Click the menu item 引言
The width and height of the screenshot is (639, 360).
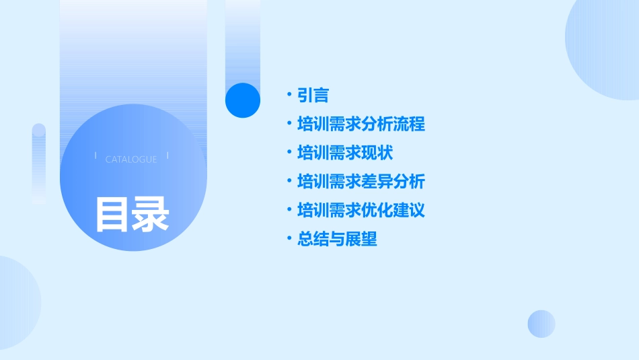313,96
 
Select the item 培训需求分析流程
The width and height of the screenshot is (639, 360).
361,124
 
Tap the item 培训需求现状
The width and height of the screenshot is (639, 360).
345,153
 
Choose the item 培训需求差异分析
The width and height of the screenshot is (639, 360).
361,182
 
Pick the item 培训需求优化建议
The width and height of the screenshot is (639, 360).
361,210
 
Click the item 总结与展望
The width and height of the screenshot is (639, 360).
337,239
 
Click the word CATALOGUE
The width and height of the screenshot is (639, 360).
131,159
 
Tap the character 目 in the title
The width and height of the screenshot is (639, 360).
112,214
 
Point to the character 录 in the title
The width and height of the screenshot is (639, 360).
151,214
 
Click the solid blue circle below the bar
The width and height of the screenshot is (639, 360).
243,100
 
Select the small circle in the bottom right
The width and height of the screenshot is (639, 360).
541,324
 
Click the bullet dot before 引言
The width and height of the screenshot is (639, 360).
289,95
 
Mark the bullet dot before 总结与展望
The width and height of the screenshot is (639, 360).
289,238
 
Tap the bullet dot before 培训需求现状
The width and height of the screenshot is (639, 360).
289,152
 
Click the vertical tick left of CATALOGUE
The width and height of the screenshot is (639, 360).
96,156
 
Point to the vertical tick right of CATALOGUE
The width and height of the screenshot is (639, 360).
167,156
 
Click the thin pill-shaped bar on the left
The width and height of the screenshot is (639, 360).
39,164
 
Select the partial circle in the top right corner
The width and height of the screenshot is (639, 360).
605,47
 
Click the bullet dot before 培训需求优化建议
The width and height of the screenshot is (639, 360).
289,209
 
